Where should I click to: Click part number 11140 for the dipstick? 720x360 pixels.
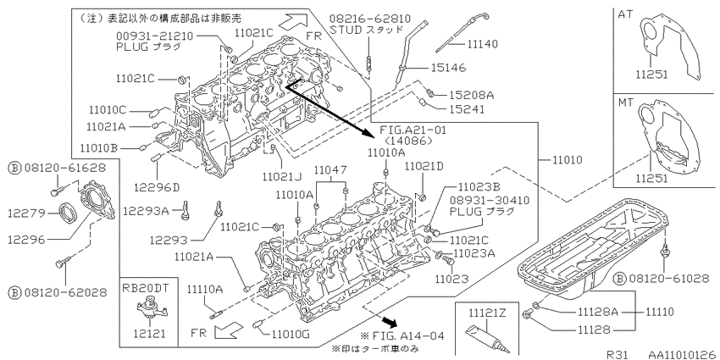pos(483,44)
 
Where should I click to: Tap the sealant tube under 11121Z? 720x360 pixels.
pos(482,337)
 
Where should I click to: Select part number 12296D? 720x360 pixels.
pos(158,187)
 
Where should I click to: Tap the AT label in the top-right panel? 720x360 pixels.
pos(624,14)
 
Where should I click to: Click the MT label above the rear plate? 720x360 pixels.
pos(625,102)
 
